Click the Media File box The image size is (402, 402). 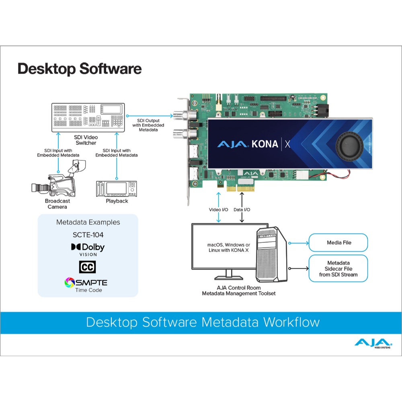tap(338, 242)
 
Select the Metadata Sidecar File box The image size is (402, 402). tap(338, 269)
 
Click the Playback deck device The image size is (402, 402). tap(117, 189)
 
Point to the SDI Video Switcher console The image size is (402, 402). tap(88, 117)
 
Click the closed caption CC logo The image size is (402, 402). tap(87, 267)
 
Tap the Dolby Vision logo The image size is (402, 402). tap(88, 250)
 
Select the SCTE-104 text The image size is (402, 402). tap(88, 235)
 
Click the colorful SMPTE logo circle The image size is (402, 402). tap(70, 283)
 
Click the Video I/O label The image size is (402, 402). tap(218, 209)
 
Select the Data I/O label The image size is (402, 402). tap(242, 209)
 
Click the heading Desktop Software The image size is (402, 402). tap(80, 69)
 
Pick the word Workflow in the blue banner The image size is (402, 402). tap(291, 322)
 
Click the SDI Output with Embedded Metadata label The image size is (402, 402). tap(148, 125)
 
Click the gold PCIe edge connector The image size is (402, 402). tap(240, 189)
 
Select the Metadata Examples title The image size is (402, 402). tap(88, 222)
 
